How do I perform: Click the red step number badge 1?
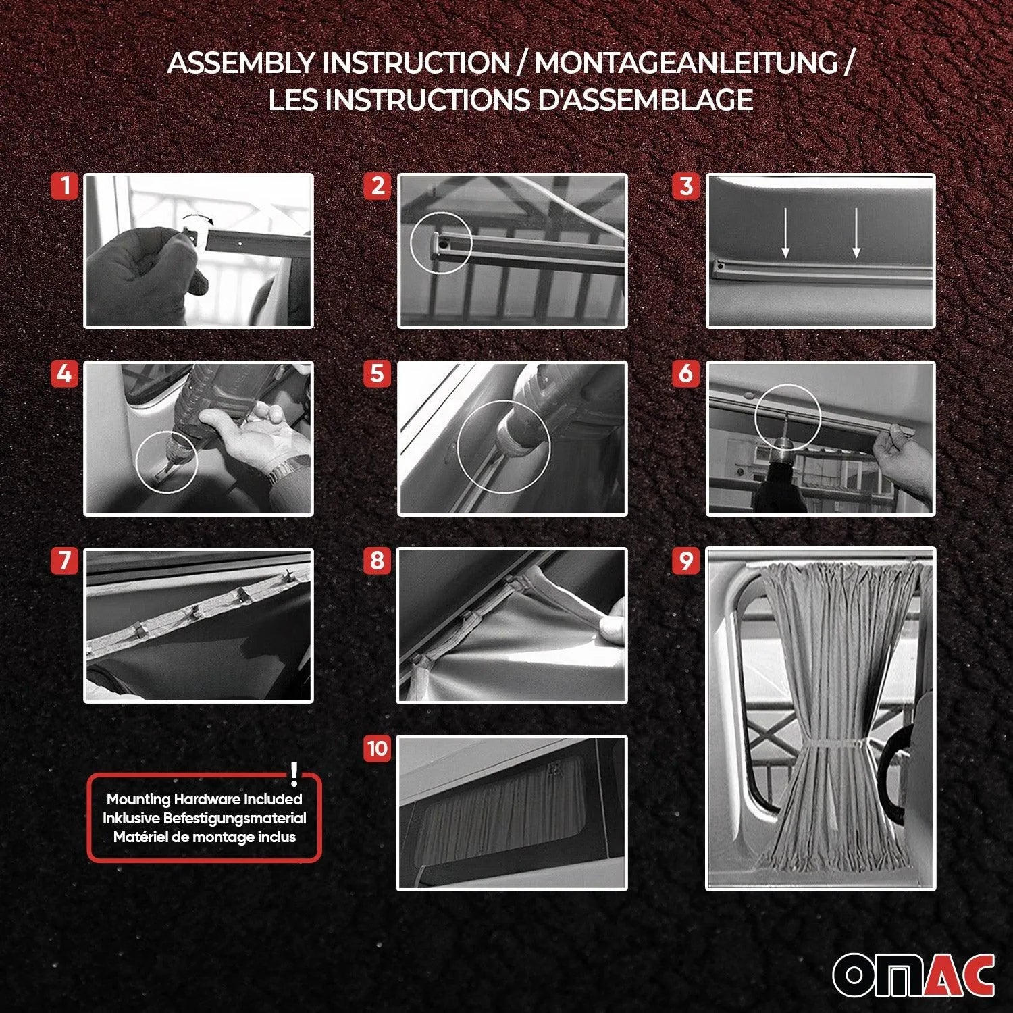(x=65, y=186)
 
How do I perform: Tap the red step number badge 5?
(x=378, y=373)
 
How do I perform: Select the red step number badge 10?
(x=378, y=748)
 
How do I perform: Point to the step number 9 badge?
(x=686, y=561)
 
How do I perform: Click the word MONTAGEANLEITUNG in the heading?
(x=686, y=63)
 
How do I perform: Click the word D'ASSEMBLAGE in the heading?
(x=645, y=100)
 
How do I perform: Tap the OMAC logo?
(x=913, y=975)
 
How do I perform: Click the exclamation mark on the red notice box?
(x=294, y=774)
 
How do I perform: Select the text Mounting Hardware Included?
(x=204, y=799)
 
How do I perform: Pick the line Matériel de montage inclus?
(x=204, y=837)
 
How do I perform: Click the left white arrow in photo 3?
(x=785, y=233)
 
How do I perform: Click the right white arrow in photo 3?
(x=856, y=233)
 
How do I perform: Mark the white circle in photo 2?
(x=440, y=243)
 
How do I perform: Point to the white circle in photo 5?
(x=504, y=447)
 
